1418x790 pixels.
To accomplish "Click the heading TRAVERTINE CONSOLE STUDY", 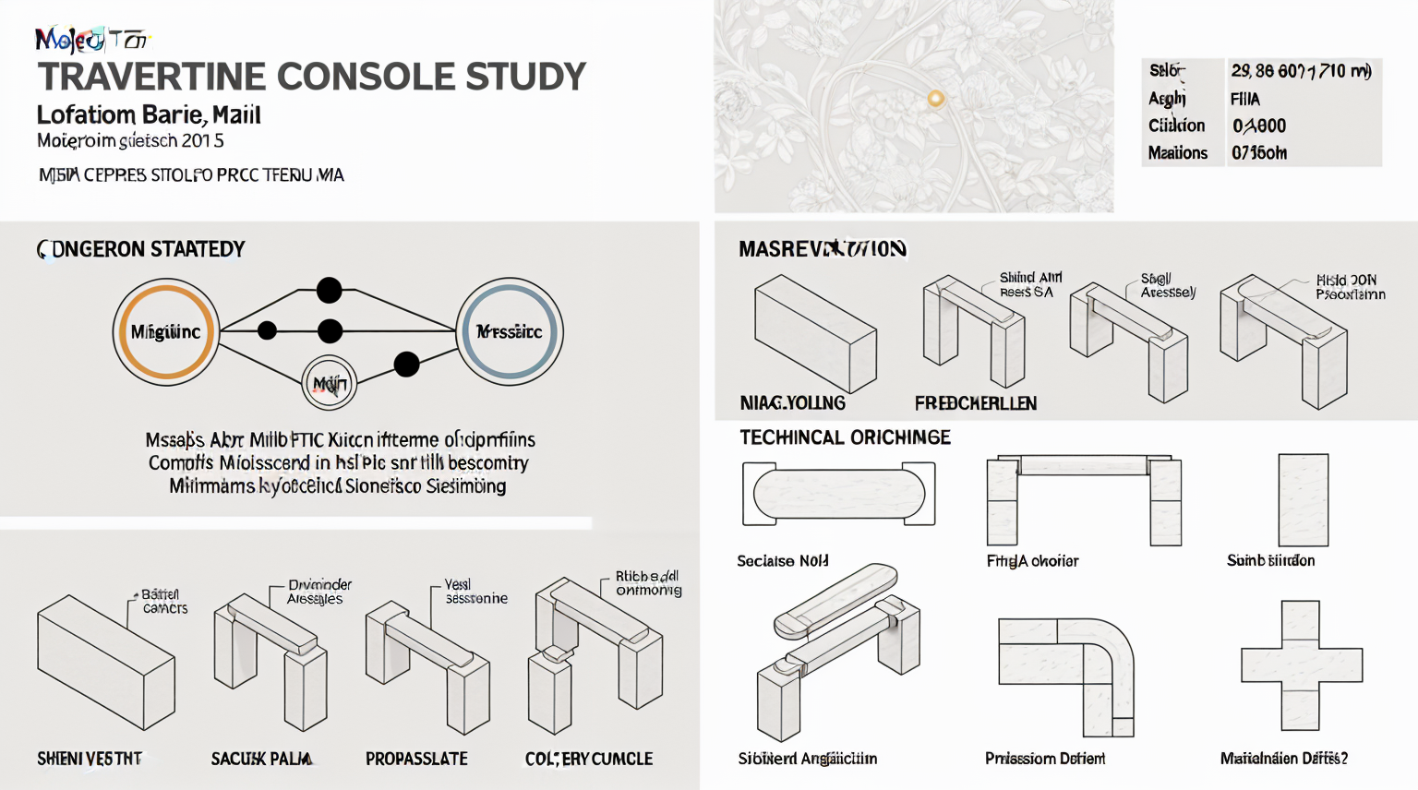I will pyautogui.click(x=312, y=77).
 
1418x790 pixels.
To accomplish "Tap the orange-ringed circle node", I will pyautogui.click(x=166, y=332).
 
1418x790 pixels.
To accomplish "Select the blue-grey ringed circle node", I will pyautogui.click(x=509, y=331).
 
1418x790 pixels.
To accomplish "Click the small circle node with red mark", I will pyautogui.click(x=330, y=383).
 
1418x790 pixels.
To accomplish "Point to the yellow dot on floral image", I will pyautogui.click(x=935, y=99).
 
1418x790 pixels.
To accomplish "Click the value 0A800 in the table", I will pyautogui.click(x=1258, y=126).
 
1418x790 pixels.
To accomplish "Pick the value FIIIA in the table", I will pyautogui.click(x=1244, y=99).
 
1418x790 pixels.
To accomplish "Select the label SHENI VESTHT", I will pyautogui.click(x=90, y=759).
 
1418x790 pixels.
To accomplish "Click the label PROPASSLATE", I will pyautogui.click(x=416, y=759).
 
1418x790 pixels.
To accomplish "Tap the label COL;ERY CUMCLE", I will pyautogui.click(x=589, y=759).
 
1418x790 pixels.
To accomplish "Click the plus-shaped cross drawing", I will pyautogui.click(x=1301, y=664).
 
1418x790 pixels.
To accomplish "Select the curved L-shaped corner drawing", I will pyautogui.click(x=1066, y=676).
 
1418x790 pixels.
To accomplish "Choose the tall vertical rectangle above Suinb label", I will pyautogui.click(x=1303, y=499).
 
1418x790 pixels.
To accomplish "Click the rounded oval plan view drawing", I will pyautogui.click(x=838, y=494).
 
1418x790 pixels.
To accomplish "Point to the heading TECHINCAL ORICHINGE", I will pyautogui.click(x=845, y=437).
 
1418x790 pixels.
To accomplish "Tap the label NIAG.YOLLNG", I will pyautogui.click(x=792, y=403).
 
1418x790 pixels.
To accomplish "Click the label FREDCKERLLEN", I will pyautogui.click(x=975, y=403).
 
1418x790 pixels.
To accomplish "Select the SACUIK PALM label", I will pyautogui.click(x=261, y=759).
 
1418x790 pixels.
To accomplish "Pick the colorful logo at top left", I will pyautogui.click(x=90, y=40).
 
